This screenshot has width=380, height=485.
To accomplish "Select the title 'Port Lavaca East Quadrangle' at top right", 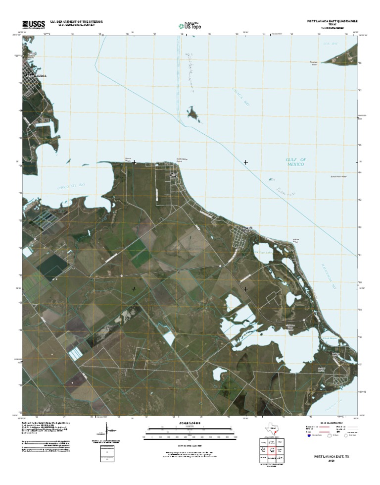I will click(x=332, y=22).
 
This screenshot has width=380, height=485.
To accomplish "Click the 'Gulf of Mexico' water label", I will click(x=296, y=162).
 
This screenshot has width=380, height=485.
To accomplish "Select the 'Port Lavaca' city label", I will click(x=36, y=76).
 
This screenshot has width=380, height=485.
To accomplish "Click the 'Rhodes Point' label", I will click(x=313, y=62).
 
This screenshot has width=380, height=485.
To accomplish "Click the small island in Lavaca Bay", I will click(x=193, y=114).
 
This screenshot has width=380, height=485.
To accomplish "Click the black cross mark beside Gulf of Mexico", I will click(x=245, y=162).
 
